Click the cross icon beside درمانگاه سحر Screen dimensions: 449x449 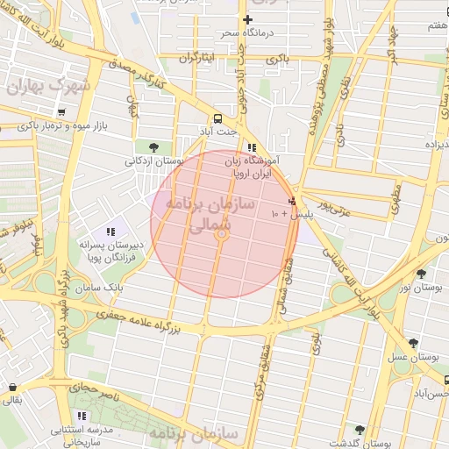(x=247, y=19)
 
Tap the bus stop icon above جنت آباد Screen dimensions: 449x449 (x=216, y=118)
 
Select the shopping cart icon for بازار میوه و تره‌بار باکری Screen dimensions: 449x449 (x=61, y=113)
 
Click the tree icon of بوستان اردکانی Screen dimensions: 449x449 (x=154, y=146)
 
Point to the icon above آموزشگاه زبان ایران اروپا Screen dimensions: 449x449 (x=253, y=147)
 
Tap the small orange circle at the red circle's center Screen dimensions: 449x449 (x=223, y=234)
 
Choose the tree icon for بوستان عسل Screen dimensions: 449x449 (x=413, y=343)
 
